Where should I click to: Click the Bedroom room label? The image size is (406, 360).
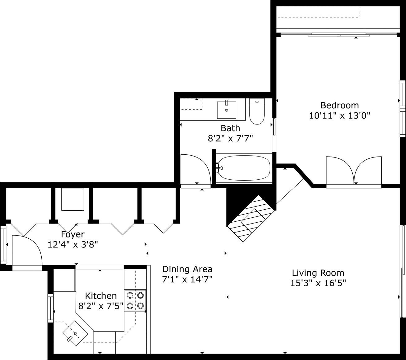(x=339, y=105)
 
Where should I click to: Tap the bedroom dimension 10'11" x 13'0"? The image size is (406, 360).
(x=339, y=116)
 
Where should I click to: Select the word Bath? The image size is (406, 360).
(x=230, y=128)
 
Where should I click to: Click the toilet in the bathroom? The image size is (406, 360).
(x=257, y=111)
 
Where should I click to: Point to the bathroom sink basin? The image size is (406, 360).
(x=226, y=110)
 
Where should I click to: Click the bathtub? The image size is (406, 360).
(x=244, y=168)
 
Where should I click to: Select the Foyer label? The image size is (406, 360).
(x=73, y=234)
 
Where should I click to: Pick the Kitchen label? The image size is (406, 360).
(x=101, y=296)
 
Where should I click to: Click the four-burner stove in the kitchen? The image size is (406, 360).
(x=135, y=300)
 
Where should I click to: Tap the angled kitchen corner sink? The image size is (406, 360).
(x=75, y=333)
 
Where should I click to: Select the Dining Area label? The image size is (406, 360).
(x=187, y=269)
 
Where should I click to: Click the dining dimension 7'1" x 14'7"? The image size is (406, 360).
(x=187, y=279)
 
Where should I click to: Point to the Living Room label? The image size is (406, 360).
(x=318, y=273)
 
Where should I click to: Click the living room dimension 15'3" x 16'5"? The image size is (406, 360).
(x=318, y=283)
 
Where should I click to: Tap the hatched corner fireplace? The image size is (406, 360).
(x=251, y=218)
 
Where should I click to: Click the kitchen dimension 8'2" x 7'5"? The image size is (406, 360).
(x=101, y=306)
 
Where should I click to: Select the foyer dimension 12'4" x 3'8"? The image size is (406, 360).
(x=73, y=245)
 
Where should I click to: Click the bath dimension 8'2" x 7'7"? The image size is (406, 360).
(x=230, y=138)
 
